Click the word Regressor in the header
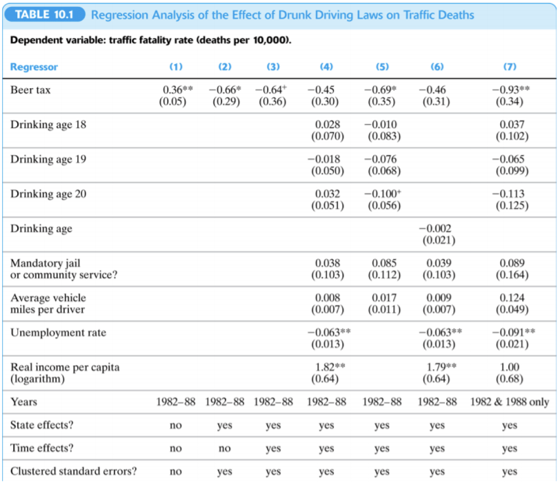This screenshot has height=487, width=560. [34, 67]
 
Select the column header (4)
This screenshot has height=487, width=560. [327, 67]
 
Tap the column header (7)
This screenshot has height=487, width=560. [510, 67]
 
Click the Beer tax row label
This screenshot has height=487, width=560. [30, 90]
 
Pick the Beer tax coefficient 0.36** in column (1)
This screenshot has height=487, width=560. [177, 90]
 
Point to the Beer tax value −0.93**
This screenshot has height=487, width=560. [510, 90]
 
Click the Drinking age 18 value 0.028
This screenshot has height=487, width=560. [327, 125]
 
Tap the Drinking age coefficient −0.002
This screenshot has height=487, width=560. [437, 228]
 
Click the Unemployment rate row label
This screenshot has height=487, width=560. [59, 333]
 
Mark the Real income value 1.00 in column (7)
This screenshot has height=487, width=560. [510, 367]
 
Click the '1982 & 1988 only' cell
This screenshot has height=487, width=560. [510, 402]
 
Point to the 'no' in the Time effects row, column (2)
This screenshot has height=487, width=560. [224, 448]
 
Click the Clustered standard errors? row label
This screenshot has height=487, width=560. [73, 472]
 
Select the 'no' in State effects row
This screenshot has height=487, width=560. [176, 426]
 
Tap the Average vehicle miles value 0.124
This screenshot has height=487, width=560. [510, 298]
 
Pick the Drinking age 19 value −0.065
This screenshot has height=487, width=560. [510, 159]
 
